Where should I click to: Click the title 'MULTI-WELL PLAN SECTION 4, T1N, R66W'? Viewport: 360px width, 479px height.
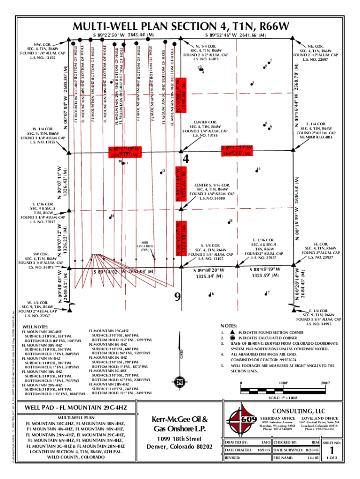(x=180, y=26)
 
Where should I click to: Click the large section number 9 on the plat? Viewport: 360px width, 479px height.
(x=177, y=297)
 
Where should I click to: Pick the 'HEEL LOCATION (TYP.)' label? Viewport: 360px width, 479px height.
(x=145, y=246)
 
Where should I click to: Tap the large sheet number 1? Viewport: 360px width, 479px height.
(x=333, y=450)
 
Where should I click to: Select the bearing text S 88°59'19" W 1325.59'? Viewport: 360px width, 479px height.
(x=266, y=272)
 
